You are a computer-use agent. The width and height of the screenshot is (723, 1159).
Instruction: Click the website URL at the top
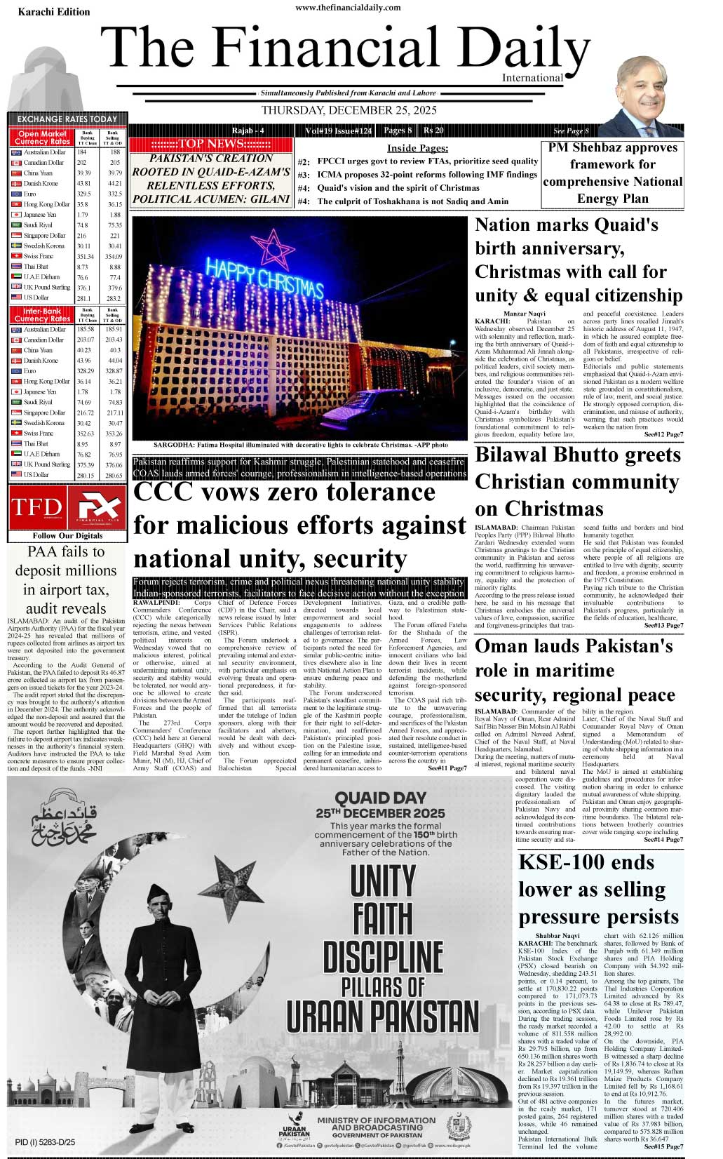[348, 7]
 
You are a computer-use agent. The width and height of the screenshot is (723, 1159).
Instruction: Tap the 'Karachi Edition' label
[54, 12]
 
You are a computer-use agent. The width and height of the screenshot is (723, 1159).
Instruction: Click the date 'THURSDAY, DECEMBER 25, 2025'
[349, 110]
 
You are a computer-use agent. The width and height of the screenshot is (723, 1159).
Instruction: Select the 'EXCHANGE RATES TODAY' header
[67, 119]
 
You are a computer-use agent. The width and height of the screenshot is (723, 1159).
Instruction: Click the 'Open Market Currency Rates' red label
[42, 137]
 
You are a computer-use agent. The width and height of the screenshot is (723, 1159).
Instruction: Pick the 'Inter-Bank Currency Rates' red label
[42, 314]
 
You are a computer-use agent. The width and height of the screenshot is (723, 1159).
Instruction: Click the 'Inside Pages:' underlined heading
[417, 148]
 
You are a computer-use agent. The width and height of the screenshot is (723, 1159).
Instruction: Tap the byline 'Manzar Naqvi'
[524, 313]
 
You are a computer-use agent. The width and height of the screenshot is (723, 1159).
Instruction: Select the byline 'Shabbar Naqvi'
[558, 936]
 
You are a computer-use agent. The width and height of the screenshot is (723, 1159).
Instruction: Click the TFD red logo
[36, 507]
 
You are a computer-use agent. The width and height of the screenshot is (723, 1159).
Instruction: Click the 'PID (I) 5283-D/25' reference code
[45, 1142]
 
